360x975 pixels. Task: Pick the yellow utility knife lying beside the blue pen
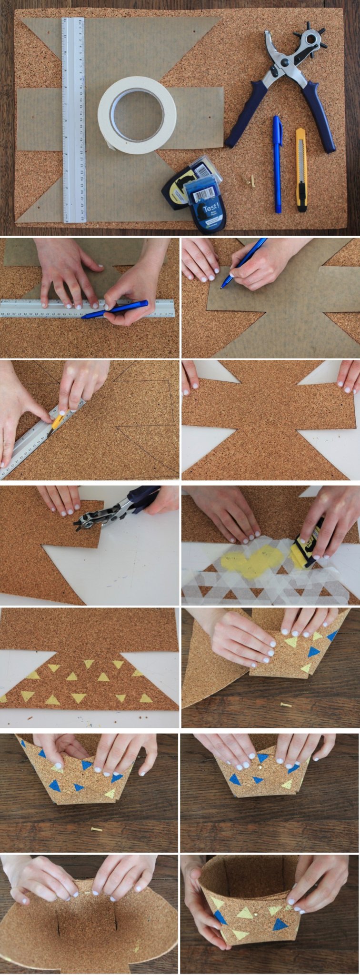(301, 169)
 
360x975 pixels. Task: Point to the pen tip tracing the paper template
(222, 287)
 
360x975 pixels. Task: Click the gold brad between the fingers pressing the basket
(260, 769)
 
